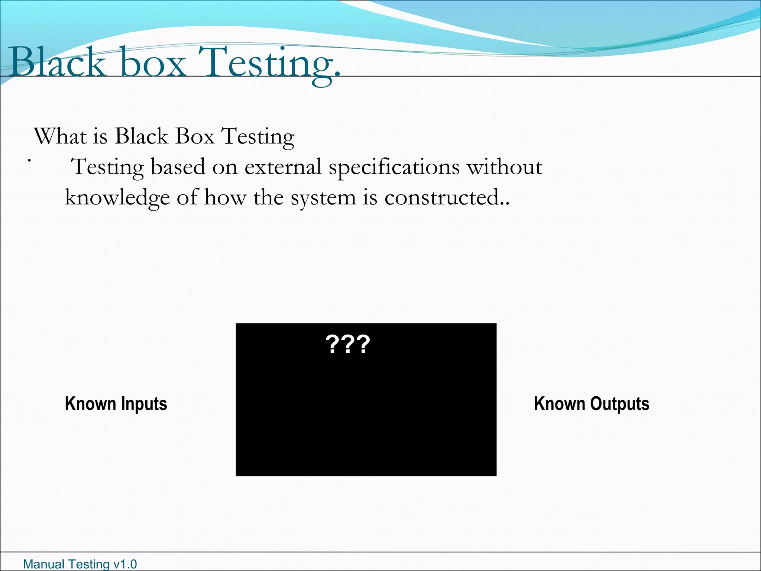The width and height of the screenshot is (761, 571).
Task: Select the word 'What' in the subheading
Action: (x=59, y=136)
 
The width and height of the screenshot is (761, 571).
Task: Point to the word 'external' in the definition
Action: (x=283, y=167)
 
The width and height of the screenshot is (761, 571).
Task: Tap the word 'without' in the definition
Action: (x=504, y=167)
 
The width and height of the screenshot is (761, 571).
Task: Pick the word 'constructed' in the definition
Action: (x=442, y=197)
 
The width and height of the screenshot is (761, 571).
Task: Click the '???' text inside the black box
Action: (x=347, y=344)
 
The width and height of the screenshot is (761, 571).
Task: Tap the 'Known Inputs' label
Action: (x=116, y=404)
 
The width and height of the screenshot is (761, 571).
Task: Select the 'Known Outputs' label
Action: (x=591, y=404)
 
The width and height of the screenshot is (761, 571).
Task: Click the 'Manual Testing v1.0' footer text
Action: (x=80, y=564)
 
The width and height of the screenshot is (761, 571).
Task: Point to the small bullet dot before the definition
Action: (x=29, y=161)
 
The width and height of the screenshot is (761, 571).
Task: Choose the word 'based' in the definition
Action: (x=178, y=167)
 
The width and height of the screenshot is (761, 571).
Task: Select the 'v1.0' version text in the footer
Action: (x=125, y=564)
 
